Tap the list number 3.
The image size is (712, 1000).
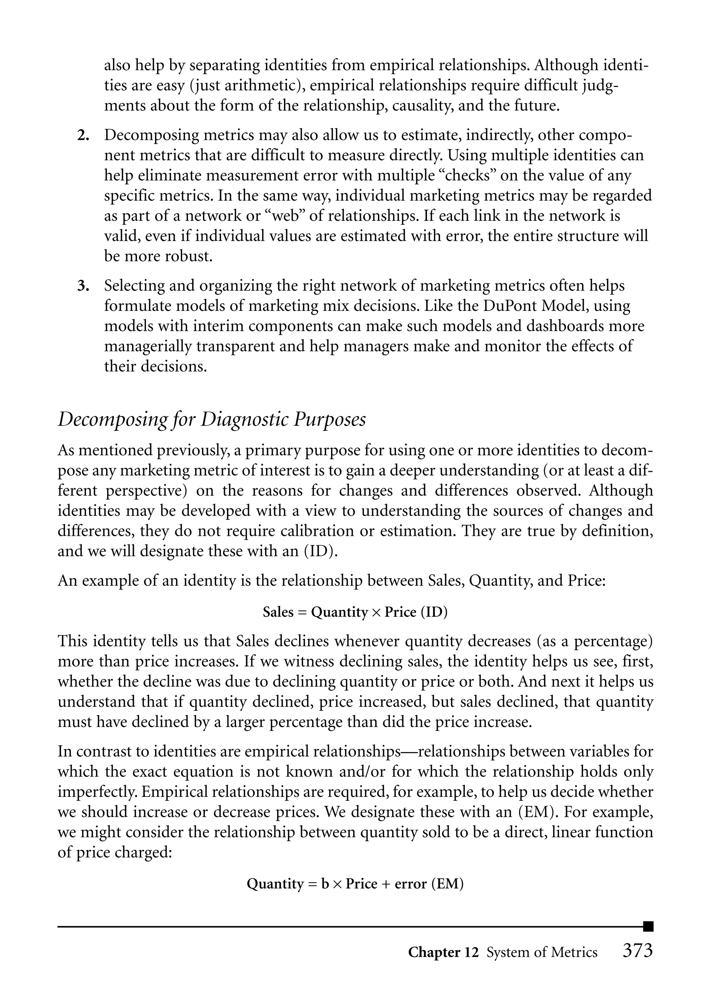[x=83, y=286]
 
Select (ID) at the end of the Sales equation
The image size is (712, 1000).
[x=434, y=612]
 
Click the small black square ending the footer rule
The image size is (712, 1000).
[x=648, y=926]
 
